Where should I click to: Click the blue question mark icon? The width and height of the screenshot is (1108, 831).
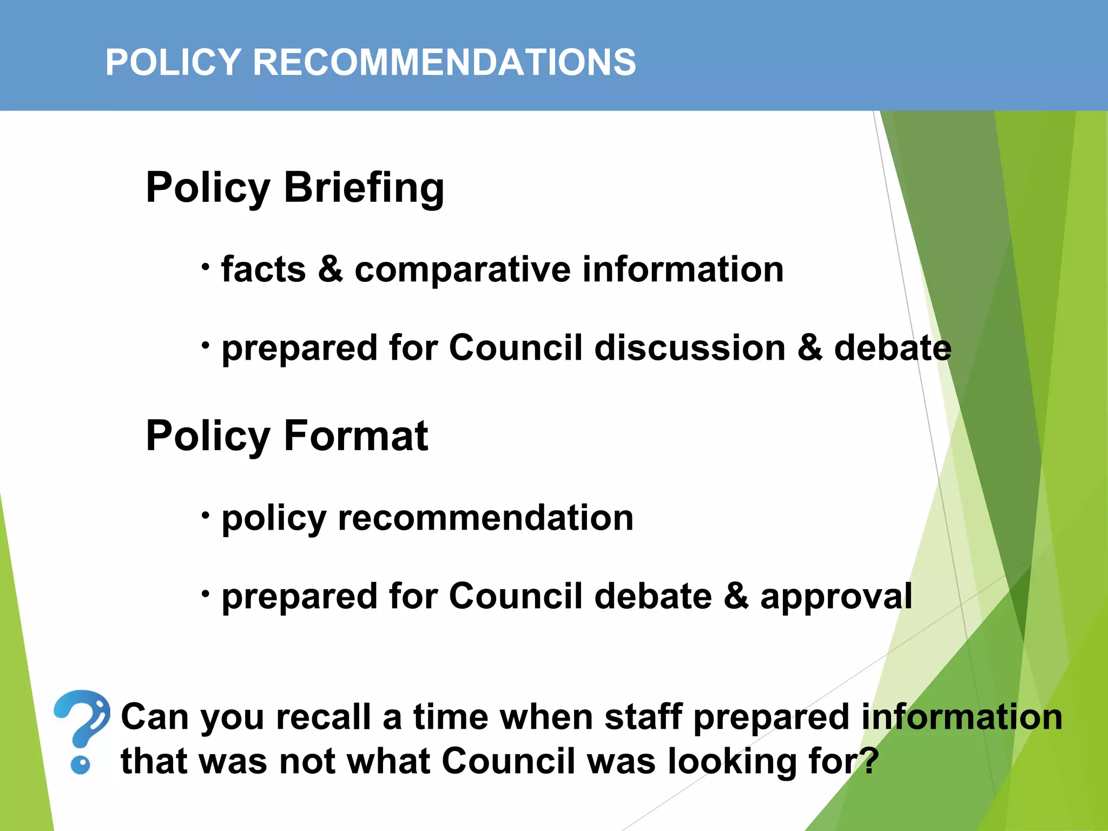coord(82,730)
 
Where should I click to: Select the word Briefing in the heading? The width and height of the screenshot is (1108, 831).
coord(364,189)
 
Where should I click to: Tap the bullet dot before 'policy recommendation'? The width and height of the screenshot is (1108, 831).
coord(205,515)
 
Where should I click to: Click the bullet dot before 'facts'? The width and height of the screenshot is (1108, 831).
coord(205,266)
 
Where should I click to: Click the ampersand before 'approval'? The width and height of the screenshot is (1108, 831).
coord(736,596)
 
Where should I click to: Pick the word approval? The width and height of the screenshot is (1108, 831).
coord(836,598)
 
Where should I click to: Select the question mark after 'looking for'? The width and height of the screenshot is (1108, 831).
coord(869,760)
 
